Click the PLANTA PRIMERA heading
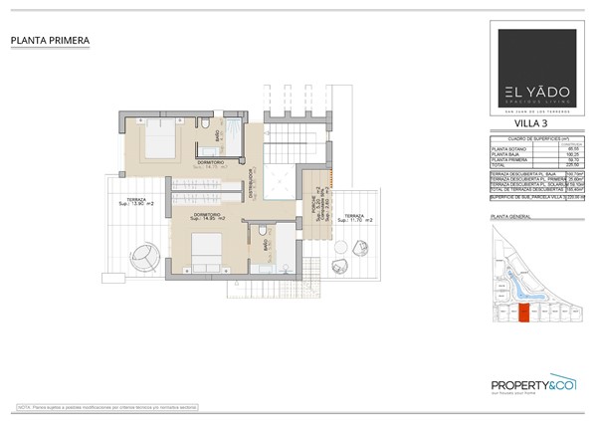[x=51, y=41]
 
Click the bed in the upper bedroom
[x=159, y=141]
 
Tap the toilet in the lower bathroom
[x=261, y=232]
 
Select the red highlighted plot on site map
[x=524, y=314]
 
